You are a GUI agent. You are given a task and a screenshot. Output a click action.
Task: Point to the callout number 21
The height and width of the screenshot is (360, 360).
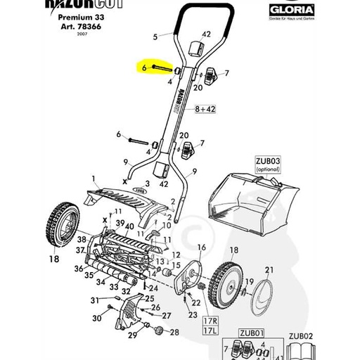click(x=268, y=270)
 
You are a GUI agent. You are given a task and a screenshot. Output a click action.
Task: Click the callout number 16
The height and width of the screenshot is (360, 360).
click(x=200, y=247)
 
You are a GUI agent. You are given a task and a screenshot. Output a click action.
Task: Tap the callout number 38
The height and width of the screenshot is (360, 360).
click(x=82, y=239)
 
